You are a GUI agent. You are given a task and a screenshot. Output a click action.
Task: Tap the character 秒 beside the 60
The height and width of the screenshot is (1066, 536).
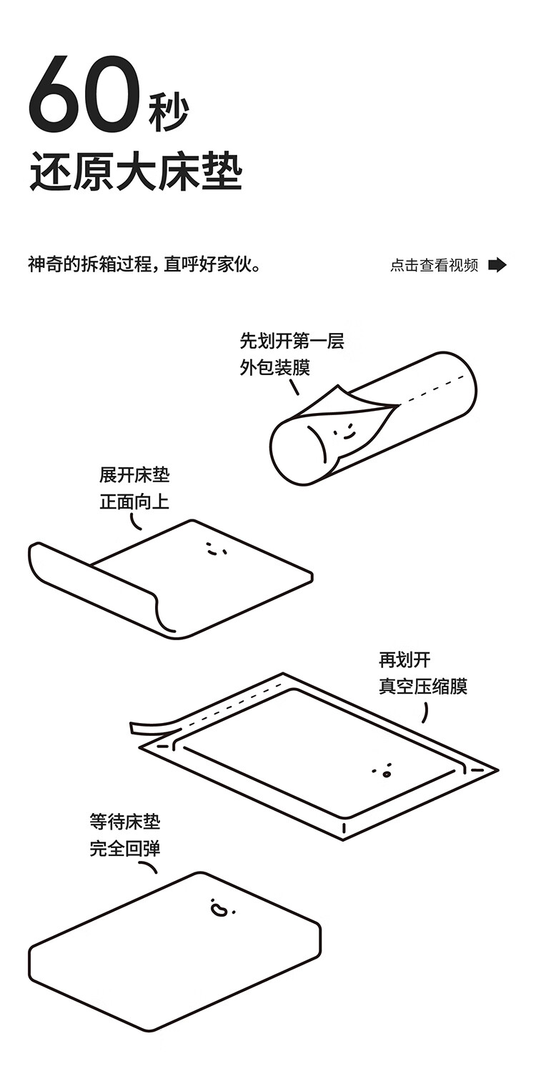(169, 112)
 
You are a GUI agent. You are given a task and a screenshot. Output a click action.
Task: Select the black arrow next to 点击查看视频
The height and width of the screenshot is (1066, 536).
(497, 265)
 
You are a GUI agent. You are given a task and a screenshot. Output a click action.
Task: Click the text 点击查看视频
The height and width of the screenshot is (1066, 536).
(434, 265)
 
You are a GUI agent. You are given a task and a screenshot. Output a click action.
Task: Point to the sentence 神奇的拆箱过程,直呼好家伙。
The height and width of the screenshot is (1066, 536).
(143, 264)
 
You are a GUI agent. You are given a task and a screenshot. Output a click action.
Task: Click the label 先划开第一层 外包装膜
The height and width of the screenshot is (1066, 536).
(292, 354)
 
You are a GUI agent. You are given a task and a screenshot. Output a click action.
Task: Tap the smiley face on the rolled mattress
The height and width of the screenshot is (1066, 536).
(343, 432)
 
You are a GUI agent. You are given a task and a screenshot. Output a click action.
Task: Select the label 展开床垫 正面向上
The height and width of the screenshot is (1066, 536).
(134, 488)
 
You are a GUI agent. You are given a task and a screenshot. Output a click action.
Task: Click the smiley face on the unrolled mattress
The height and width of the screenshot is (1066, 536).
(212, 549)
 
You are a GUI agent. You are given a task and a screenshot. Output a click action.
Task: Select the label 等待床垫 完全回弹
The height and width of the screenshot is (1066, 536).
(124, 835)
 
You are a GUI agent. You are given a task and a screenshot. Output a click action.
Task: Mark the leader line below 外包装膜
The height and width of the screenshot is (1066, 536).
(294, 386)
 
